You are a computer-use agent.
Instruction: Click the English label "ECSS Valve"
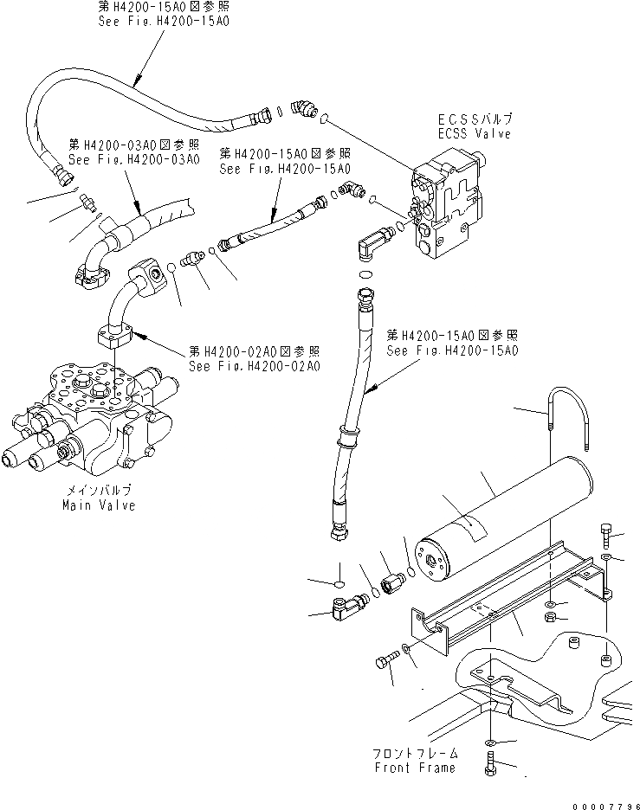pos(474,134)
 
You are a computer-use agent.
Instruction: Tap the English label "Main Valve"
pos(98,505)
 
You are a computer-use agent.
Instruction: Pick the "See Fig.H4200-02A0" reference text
pos(255,366)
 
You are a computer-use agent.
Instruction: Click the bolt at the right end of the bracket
pos(606,537)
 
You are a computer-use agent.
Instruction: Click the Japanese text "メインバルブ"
pos(98,491)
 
